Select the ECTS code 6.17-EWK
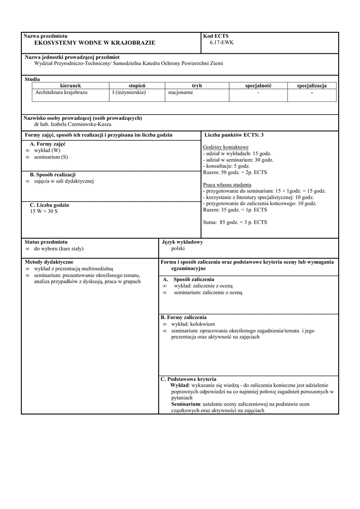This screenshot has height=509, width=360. pyautogui.click(x=221, y=43)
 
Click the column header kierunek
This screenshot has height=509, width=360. pyautogui.click(x=70, y=86)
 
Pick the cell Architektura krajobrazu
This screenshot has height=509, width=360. pyautogui.click(x=61, y=92)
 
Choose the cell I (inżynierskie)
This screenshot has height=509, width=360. pyautogui.click(x=129, y=92)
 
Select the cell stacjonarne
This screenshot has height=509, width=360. pyautogui.click(x=181, y=92)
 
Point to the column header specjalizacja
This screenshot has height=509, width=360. pyautogui.click(x=312, y=86)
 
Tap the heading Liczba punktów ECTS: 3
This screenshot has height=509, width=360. pyautogui.click(x=234, y=135)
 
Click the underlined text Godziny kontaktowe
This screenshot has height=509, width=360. pyautogui.click(x=226, y=148)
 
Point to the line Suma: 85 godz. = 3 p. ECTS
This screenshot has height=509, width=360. pyautogui.click(x=235, y=222)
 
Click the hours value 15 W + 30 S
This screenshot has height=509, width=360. pyautogui.click(x=44, y=211)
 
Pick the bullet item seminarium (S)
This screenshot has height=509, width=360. pyautogui.click(x=51, y=157)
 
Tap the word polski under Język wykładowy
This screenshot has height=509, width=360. pyautogui.click(x=178, y=248)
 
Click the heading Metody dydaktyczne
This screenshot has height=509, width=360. pyautogui.click(x=49, y=261)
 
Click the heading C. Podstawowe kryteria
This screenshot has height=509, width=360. pyautogui.click(x=185, y=379)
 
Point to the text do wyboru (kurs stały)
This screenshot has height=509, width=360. pyautogui.click(x=59, y=248)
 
